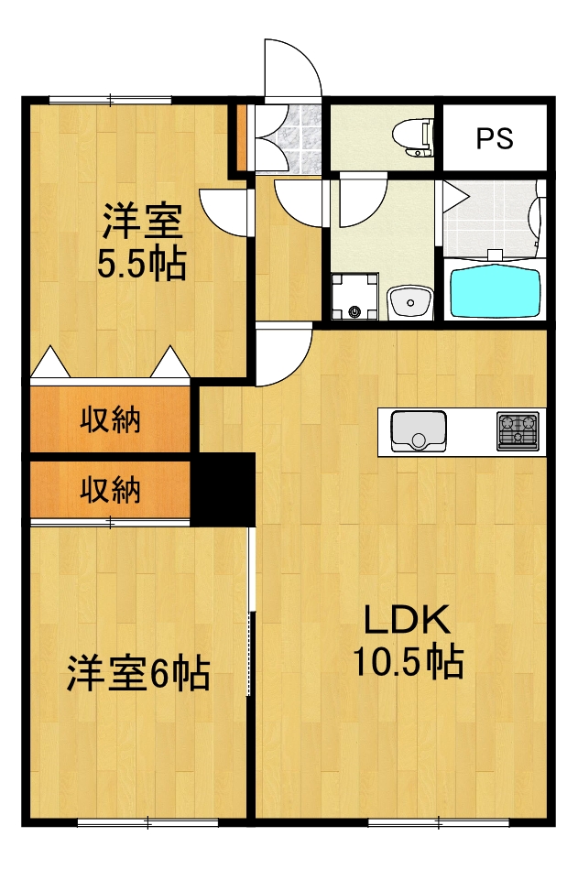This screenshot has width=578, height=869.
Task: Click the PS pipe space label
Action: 495,139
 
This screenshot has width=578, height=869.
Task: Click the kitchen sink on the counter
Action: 419,430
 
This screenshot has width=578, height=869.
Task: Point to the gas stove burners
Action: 518,429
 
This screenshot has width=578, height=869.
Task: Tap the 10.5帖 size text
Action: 408,661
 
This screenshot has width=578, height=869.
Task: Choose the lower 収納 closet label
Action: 111,490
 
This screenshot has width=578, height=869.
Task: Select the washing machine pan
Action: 354,299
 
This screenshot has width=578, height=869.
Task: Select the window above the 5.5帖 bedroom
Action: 110,98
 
